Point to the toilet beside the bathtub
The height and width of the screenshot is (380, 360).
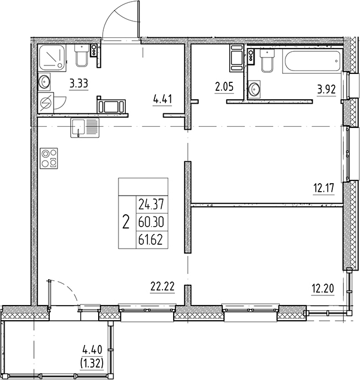click(268, 61)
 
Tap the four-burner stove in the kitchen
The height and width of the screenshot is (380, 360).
click(49, 157)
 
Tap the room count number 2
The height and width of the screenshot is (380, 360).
click(125, 221)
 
